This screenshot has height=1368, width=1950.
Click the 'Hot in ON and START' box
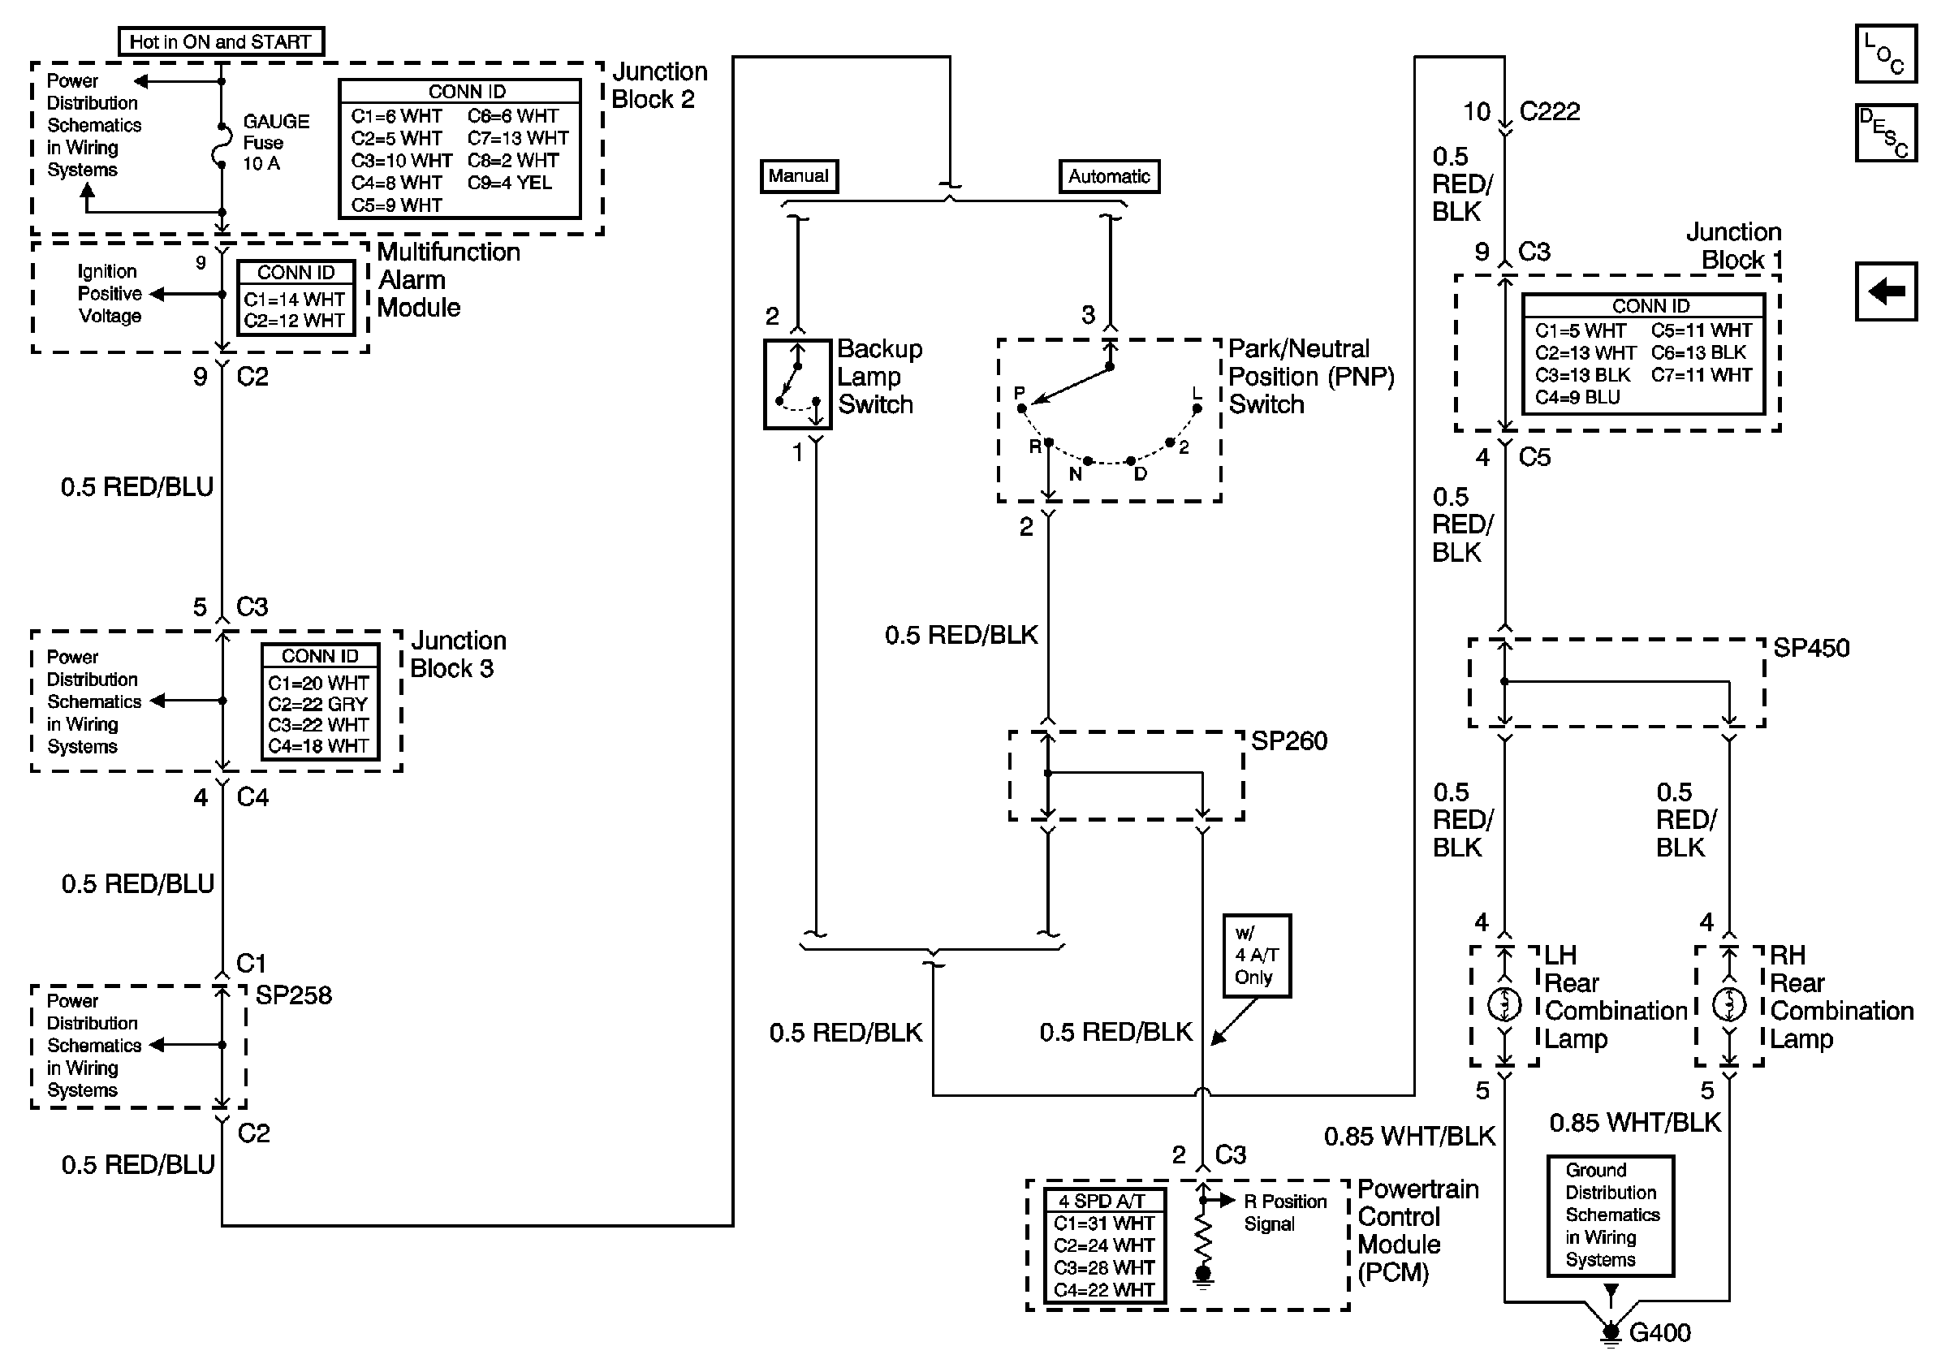point(221,41)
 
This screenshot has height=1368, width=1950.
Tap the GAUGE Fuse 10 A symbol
point(221,146)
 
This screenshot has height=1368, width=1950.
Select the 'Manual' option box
point(798,176)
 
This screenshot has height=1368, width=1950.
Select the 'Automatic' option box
point(1108,177)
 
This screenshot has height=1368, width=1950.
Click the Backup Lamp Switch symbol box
point(796,384)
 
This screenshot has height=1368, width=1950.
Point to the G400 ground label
point(1659,1332)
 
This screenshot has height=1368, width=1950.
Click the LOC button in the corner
point(1885,54)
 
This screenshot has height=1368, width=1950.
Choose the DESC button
point(1885,132)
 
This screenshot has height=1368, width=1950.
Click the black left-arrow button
point(1885,291)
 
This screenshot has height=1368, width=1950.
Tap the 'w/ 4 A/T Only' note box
point(1256,956)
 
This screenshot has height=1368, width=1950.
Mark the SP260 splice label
point(1288,741)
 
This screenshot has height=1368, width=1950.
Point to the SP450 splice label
point(1810,649)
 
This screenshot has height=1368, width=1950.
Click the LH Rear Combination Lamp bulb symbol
point(1504,1005)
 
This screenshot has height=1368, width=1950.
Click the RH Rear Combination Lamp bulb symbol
point(1728,1005)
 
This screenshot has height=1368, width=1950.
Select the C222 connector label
point(1549,111)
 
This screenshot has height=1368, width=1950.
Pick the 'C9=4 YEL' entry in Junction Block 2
point(510,183)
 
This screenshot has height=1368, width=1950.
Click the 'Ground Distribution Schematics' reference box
point(1611,1215)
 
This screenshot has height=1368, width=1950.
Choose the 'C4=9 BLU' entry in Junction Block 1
point(1577,397)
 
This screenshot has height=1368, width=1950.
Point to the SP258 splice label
point(293,995)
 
